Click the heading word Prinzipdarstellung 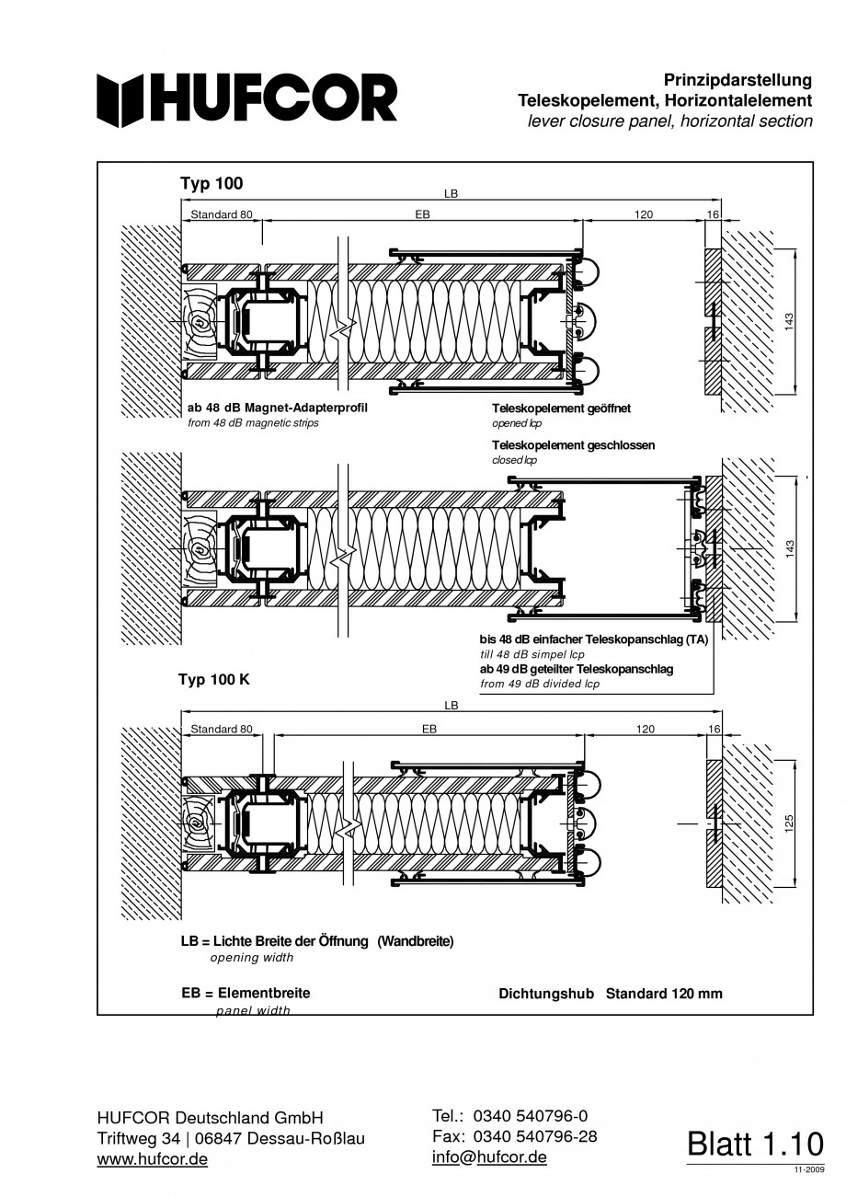pos(737,80)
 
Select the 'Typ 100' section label pos(211,183)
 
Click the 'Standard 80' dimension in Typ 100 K pos(221,729)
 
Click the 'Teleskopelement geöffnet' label pos(561,409)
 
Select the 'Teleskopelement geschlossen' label pos(574,444)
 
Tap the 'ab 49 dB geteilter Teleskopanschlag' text pos(576,669)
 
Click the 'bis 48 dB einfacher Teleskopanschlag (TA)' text pos(593,639)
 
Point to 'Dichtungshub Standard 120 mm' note pos(610,994)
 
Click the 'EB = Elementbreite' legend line pos(246,993)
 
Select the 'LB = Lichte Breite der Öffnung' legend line pos(317,941)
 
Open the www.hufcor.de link pos(152,1158)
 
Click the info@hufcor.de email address pos(489,1157)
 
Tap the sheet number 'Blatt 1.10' pos(755,1144)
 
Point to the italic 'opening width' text pos(252,958)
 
